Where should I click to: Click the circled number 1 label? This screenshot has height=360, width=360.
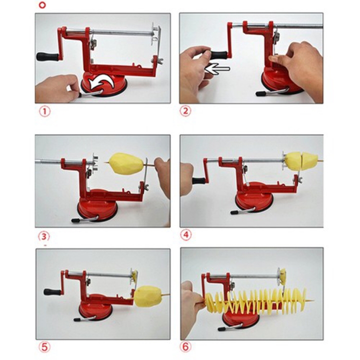(45, 111)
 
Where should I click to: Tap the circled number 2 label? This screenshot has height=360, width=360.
(185, 111)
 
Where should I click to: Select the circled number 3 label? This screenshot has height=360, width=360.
(43, 236)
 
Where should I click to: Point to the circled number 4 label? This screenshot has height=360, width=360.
(185, 235)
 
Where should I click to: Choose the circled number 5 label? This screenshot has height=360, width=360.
(44, 347)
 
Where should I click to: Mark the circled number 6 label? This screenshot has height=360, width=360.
(185, 346)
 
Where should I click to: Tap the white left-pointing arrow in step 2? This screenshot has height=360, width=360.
(217, 69)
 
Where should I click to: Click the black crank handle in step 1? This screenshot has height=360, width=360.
(47, 56)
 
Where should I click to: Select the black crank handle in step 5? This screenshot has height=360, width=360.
(52, 292)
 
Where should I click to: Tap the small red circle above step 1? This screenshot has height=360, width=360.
(42, 5)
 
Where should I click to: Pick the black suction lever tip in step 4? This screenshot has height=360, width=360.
(234, 212)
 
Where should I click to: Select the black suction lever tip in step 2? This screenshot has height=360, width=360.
(260, 93)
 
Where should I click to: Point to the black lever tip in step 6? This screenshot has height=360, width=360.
(222, 329)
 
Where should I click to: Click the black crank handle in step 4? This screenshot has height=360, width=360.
(199, 180)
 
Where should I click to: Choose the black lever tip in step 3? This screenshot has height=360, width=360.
(75, 220)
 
